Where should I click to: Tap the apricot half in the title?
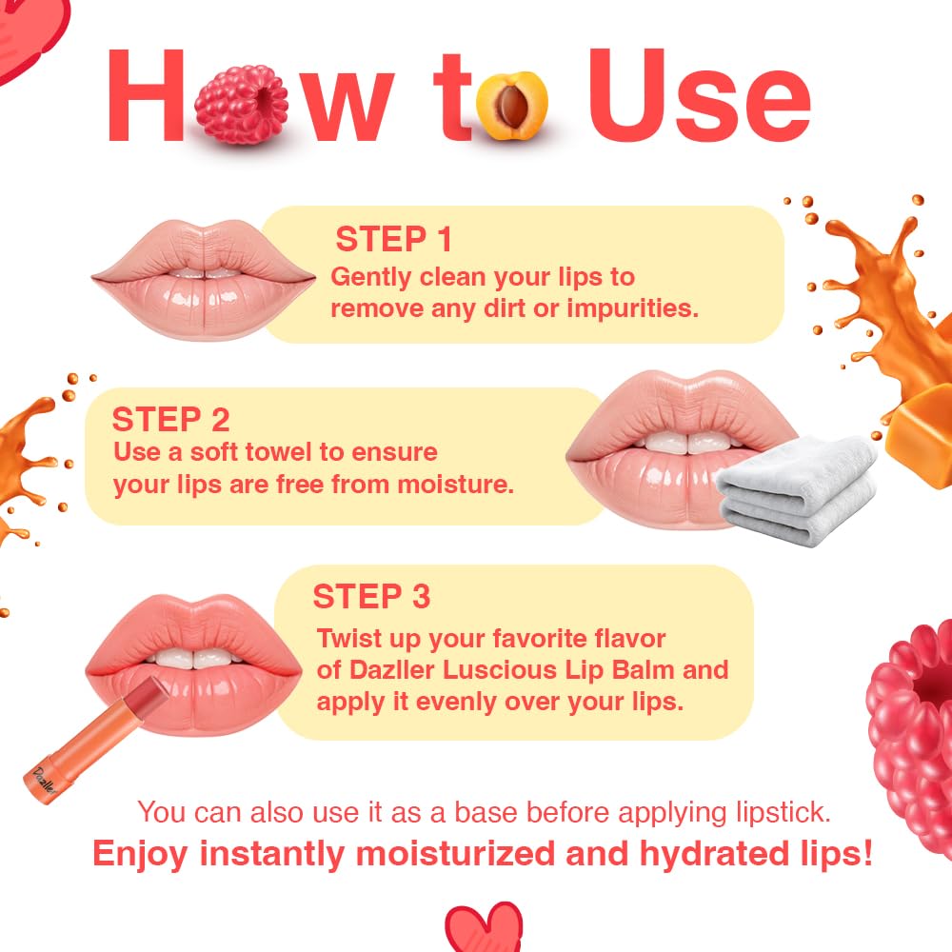coord(515,104)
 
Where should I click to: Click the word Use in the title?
coord(700,95)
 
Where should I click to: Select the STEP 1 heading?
coord(394,239)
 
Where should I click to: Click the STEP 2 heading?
coord(171,419)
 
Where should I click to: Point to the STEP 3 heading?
coord(371,597)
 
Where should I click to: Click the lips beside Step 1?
coord(203,276)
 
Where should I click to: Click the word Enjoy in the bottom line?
coord(142,853)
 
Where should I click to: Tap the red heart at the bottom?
coord(484,928)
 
